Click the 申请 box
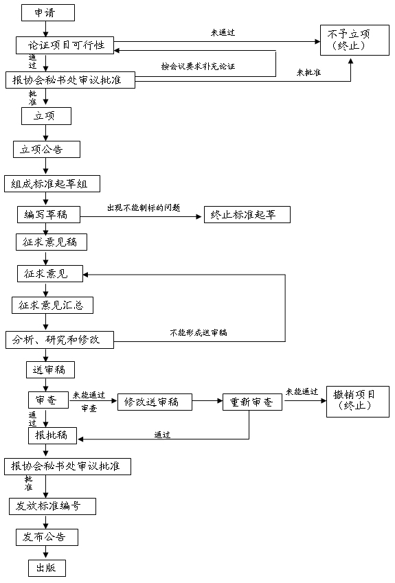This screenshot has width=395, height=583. (x=48, y=12)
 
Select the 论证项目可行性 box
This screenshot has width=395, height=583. (x=65, y=45)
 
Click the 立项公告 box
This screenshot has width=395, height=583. (x=47, y=150)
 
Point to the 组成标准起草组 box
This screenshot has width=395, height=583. (x=52, y=183)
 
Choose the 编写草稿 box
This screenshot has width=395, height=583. (x=49, y=214)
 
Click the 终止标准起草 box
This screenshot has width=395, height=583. (x=247, y=214)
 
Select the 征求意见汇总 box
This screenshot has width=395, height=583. (x=52, y=306)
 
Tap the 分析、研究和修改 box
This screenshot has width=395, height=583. (x=60, y=339)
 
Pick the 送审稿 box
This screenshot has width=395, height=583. (x=51, y=370)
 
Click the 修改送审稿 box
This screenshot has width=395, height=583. (x=155, y=402)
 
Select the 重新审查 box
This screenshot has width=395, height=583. (x=253, y=402)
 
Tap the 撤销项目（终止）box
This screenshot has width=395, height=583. (x=358, y=402)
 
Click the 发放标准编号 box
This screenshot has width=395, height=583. (x=52, y=506)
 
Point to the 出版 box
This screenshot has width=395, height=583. (x=47, y=568)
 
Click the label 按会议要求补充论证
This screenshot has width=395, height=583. (x=198, y=67)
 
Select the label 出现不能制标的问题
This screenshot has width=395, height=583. (x=144, y=208)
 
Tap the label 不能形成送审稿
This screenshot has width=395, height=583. (x=199, y=333)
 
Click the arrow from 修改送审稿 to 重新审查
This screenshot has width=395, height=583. (x=207, y=401)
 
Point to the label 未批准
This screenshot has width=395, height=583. (x=308, y=73)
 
